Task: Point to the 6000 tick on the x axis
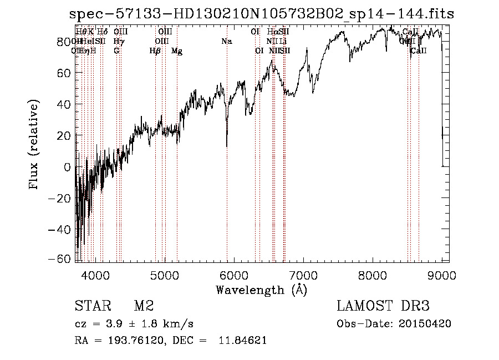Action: [x=234, y=275]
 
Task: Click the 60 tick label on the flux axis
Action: [x=64, y=73]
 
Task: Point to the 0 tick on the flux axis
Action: [x=67, y=166]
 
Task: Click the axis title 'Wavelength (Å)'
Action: [x=261, y=290]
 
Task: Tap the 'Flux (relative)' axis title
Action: [x=34, y=144]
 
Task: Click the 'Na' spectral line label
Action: [x=226, y=41]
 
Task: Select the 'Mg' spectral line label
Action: [x=177, y=51]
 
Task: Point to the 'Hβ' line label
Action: [x=155, y=51]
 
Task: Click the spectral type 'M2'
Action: [x=143, y=307]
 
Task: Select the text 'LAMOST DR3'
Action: [x=383, y=307]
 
